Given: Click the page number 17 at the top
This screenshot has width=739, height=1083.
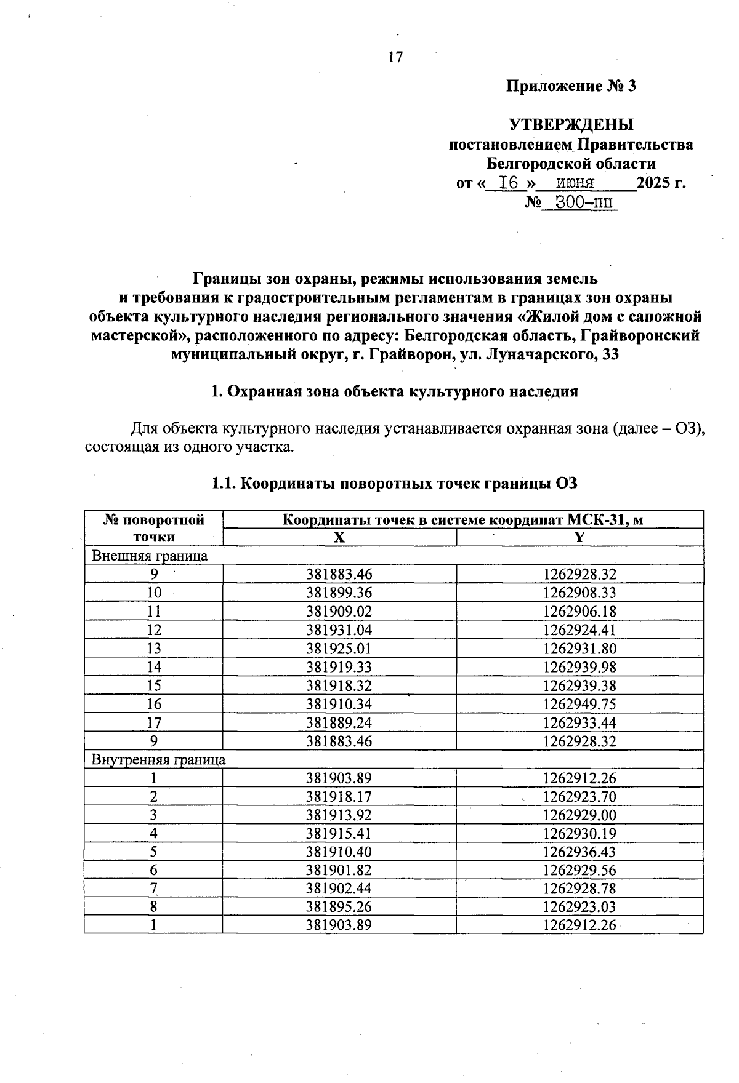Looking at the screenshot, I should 395,57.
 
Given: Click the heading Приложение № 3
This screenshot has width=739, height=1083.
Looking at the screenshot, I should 570,86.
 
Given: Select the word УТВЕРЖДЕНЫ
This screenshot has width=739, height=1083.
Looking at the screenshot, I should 571,125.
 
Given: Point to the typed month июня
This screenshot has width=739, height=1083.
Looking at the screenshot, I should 575,183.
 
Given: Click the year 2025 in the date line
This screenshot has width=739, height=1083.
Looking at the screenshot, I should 654,183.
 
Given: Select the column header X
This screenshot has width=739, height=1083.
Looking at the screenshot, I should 339,537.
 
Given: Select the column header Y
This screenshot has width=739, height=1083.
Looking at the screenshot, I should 579,537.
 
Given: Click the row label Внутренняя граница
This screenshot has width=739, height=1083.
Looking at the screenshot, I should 158,759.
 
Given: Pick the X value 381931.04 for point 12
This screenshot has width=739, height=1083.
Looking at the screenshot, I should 339,630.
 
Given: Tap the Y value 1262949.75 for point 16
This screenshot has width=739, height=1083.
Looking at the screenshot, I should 579,704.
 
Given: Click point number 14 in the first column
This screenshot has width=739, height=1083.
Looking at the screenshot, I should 154,667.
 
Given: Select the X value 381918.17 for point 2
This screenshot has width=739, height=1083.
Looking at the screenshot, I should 339,797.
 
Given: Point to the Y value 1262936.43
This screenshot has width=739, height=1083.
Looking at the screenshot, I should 579,852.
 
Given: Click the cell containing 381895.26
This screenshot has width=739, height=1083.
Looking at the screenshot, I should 339,907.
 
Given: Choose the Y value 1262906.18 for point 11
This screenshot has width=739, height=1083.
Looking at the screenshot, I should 579,612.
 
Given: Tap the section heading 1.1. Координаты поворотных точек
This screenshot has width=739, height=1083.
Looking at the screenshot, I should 394,484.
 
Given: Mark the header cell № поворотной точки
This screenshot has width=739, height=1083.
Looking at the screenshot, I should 154,528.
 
